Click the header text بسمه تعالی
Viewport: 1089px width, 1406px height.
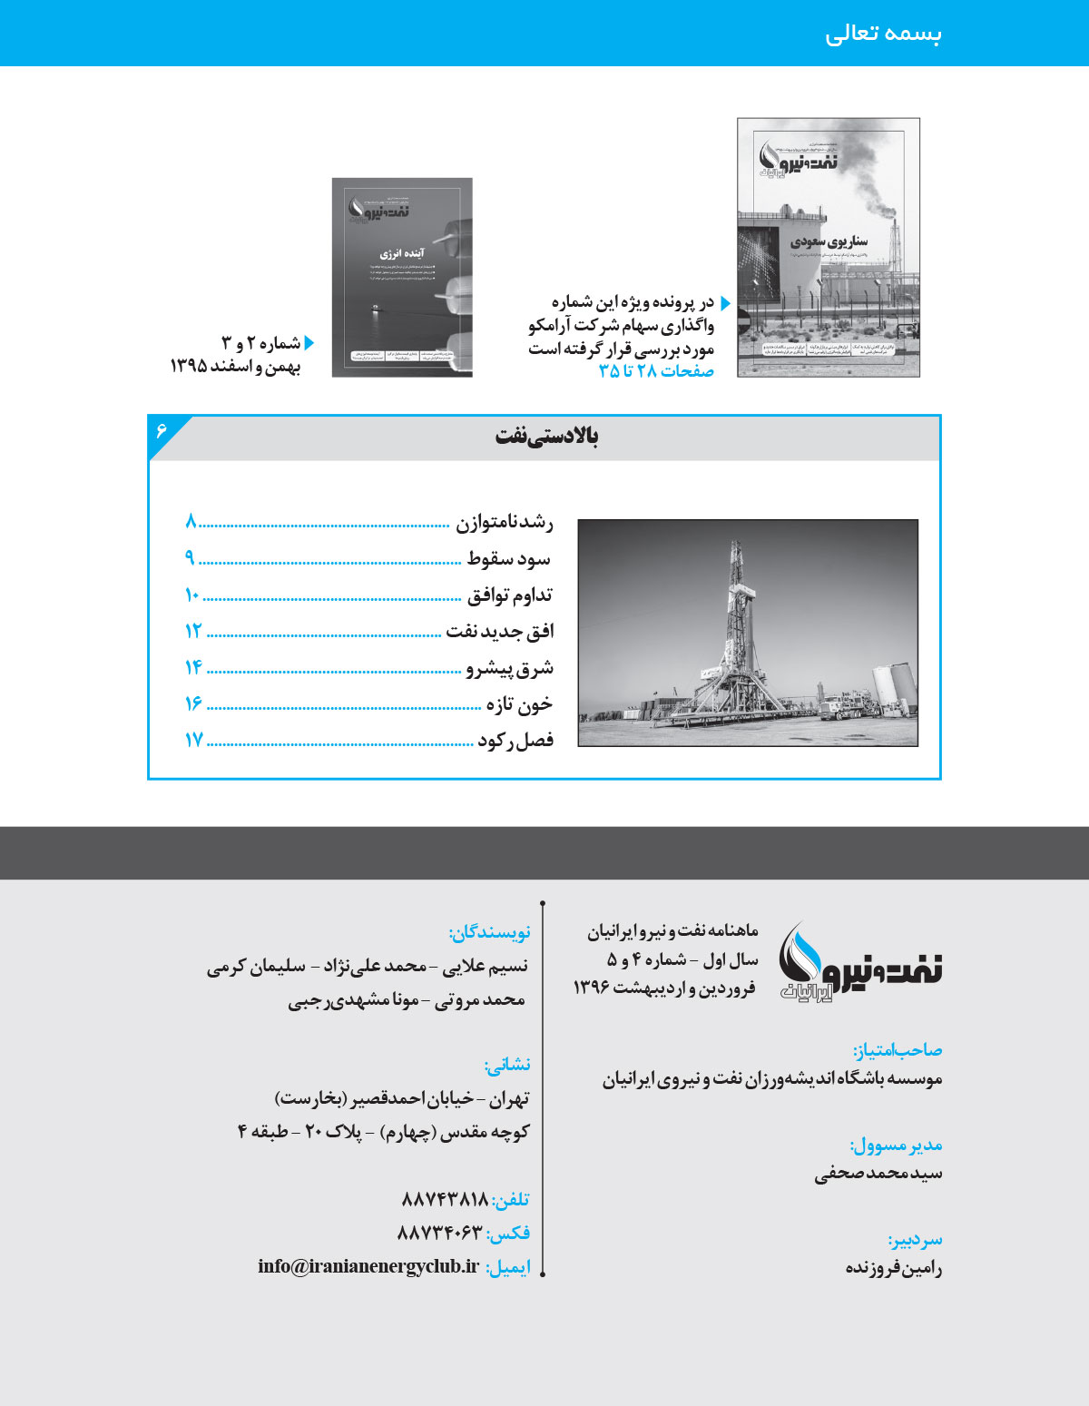pos(883,34)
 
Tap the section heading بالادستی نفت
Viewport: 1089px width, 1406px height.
pos(546,437)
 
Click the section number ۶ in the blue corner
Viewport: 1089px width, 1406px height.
pos(162,429)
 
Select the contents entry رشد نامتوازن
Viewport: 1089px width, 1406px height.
pos(504,523)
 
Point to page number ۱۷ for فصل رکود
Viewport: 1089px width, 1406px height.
pos(193,741)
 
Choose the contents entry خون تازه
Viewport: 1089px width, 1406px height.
pos(518,704)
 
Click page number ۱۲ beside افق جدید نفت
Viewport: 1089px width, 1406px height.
pos(192,632)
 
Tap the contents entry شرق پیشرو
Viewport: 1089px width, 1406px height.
pos(509,669)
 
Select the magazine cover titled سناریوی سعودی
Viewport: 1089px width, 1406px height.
pos(828,247)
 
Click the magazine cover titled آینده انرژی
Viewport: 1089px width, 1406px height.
pos(402,277)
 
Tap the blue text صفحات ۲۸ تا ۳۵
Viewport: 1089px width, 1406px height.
pos(656,371)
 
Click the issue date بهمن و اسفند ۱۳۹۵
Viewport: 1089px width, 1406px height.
pos(235,367)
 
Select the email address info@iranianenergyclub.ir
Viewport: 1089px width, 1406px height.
pos(368,1266)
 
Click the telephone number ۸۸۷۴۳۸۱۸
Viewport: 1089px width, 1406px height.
pos(445,1200)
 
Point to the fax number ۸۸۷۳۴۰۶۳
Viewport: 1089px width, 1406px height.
pos(439,1233)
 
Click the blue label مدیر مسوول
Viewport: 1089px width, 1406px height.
pos(895,1145)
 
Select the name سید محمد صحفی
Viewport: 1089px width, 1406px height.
pos(878,1174)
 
